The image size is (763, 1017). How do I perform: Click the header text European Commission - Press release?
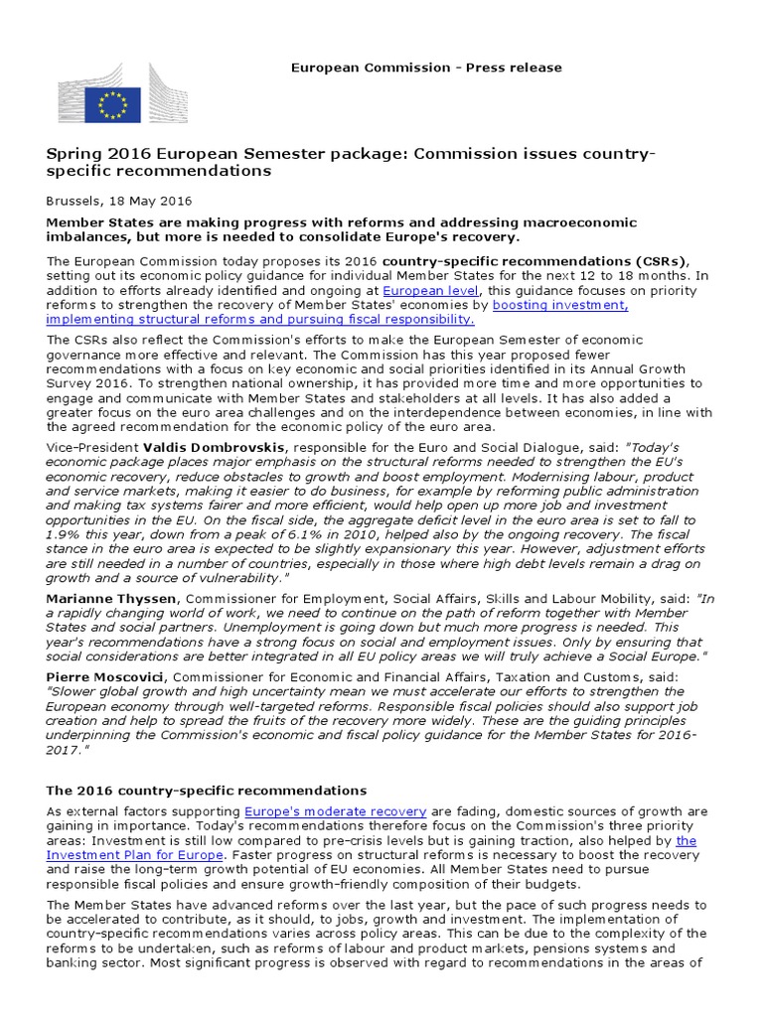(x=425, y=68)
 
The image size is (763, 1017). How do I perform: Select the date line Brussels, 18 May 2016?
(x=119, y=200)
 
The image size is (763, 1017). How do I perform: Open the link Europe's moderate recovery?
(x=336, y=811)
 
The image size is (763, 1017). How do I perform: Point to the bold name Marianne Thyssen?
(x=108, y=598)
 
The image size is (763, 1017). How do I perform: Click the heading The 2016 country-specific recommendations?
(x=207, y=791)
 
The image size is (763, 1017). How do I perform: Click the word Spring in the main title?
(x=73, y=154)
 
